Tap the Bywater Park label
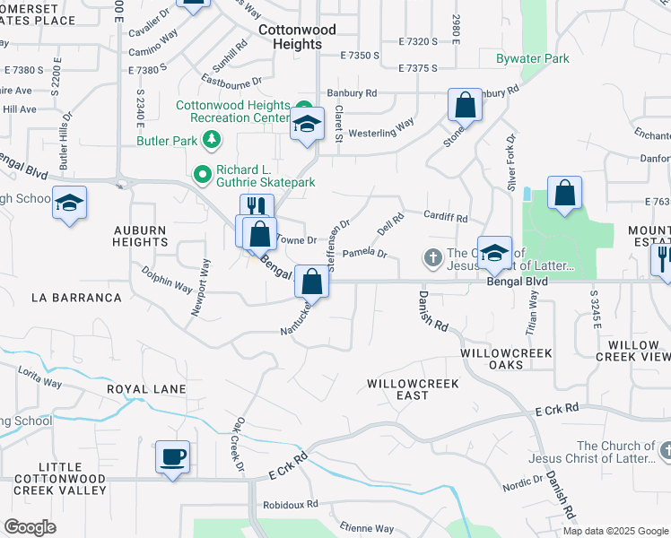tap(533, 59)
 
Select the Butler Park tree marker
tap(212, 139)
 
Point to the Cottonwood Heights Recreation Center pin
tap(304, 105)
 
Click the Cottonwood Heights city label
tap(297, 37)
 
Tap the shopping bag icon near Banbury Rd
tap(466, 106)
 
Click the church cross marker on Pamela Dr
tap(432, 259)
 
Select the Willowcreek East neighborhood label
tap(414, 389)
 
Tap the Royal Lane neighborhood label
tap(146, 389)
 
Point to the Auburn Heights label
tap(140, 236)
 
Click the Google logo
tap(30, 526)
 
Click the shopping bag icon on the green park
tap(564, 193)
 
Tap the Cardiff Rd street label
tap(446, 218)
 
